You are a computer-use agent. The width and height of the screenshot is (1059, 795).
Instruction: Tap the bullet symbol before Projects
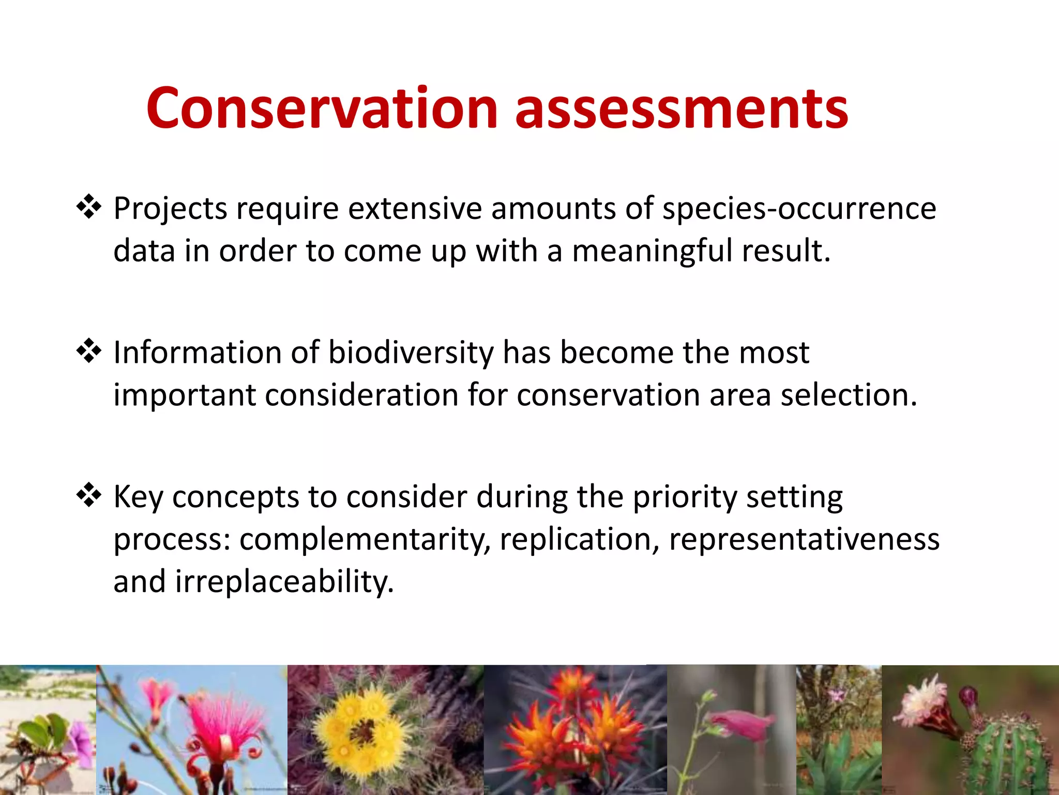(89, 207)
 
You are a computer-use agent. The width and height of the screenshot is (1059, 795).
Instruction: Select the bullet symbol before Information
(89, 351)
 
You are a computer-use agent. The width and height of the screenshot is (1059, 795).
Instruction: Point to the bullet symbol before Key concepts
(89, 495)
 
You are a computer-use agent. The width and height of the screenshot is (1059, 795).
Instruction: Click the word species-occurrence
(799, 209)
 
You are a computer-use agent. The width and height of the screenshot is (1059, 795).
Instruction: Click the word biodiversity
(411, 353)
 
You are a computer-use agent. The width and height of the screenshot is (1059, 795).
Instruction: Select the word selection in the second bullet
(848, 395)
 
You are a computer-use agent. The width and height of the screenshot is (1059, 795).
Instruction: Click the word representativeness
(804, 539)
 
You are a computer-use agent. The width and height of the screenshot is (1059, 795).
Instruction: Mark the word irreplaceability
(284, 581)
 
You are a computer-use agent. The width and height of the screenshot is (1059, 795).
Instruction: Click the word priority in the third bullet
(685, 497)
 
